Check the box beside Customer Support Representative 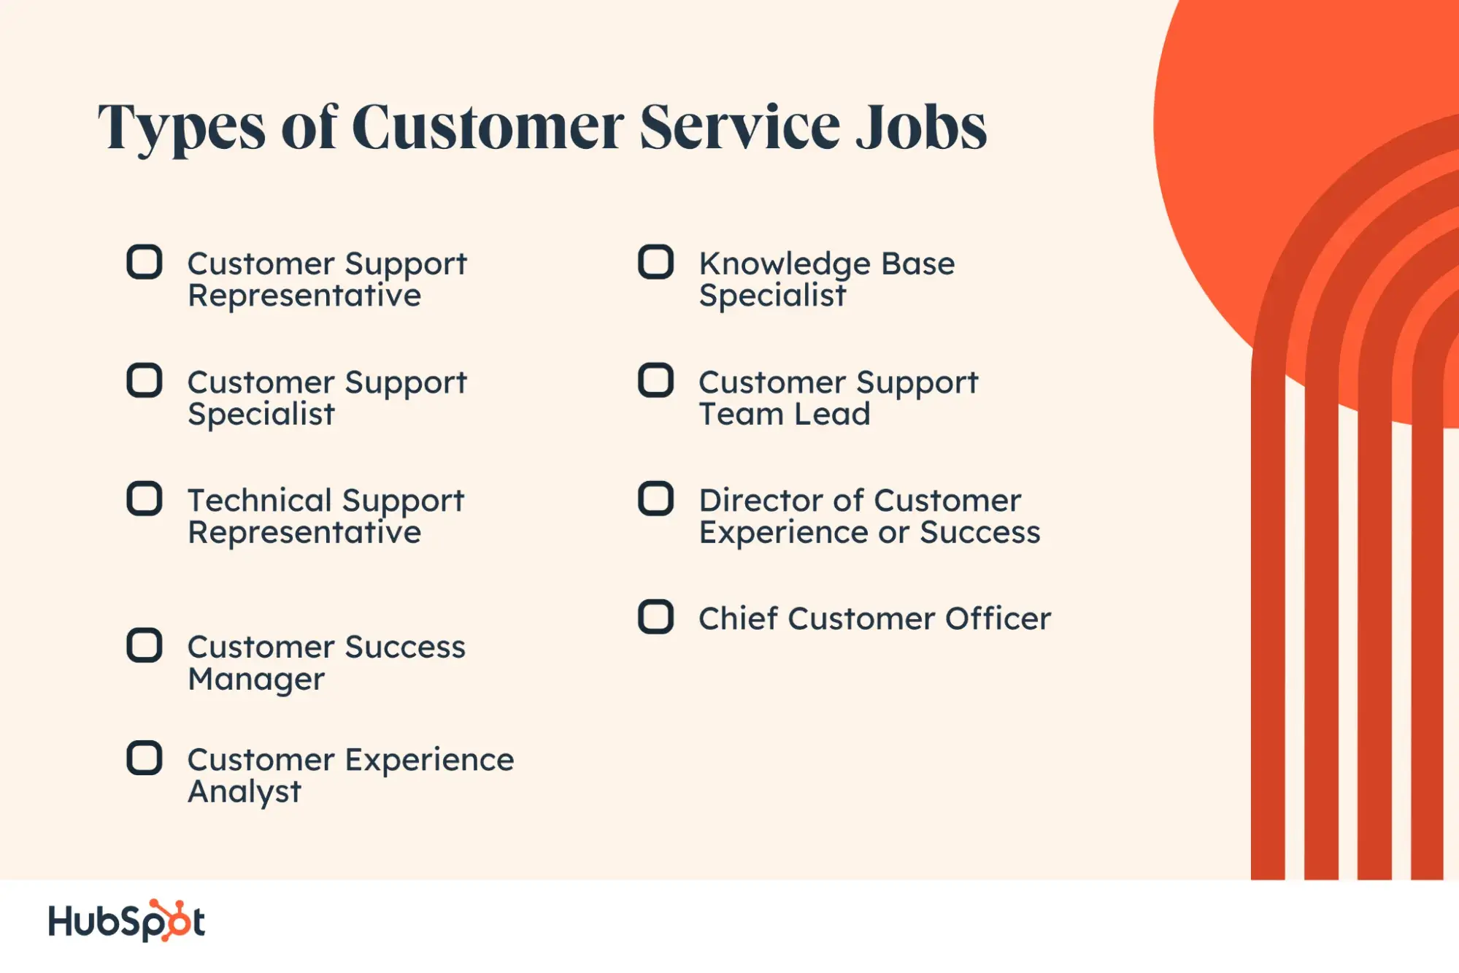point(145,262)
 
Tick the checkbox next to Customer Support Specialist point(145,380)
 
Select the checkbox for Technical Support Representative point(145,499)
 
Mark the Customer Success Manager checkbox point(145,645)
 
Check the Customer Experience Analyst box point(145,758)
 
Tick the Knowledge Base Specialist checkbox point(656,262)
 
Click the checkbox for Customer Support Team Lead point(656,380)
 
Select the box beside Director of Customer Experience point(656,499)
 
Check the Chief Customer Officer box point(656,617)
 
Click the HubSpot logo point(126,920)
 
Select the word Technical point(260,500)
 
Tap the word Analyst point(245,793)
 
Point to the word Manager point(256,680)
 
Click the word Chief point(739,618)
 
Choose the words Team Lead point(785,414)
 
